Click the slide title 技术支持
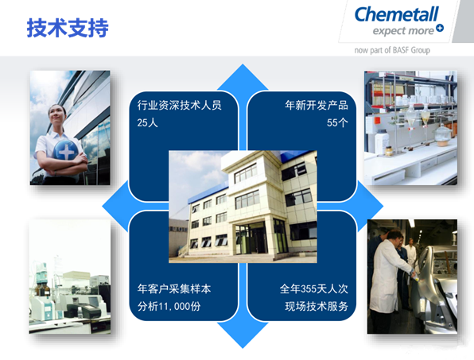[x=68, y=28]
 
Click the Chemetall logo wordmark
[x=396, y=14]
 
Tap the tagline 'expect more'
[x=403, y=31]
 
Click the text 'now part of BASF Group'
[x=392, y=50]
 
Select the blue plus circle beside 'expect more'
[x=440, y=28]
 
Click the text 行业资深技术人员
[x=179, y=105]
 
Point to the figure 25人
[x=147, y=122]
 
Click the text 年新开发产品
[x=317, y=105]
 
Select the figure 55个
[x=337, y=122]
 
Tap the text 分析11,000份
[x=169, y=306]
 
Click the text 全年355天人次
[x=314, y=288]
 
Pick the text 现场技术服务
[x=317, y=306]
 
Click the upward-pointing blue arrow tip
[x=243, y=65]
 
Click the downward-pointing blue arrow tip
[x=243, y=346]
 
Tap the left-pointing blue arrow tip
[x=103, y=207]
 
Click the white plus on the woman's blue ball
[x=67, y=151]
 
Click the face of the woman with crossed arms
[x=56, y=114]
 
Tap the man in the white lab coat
[x=388, y=272]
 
